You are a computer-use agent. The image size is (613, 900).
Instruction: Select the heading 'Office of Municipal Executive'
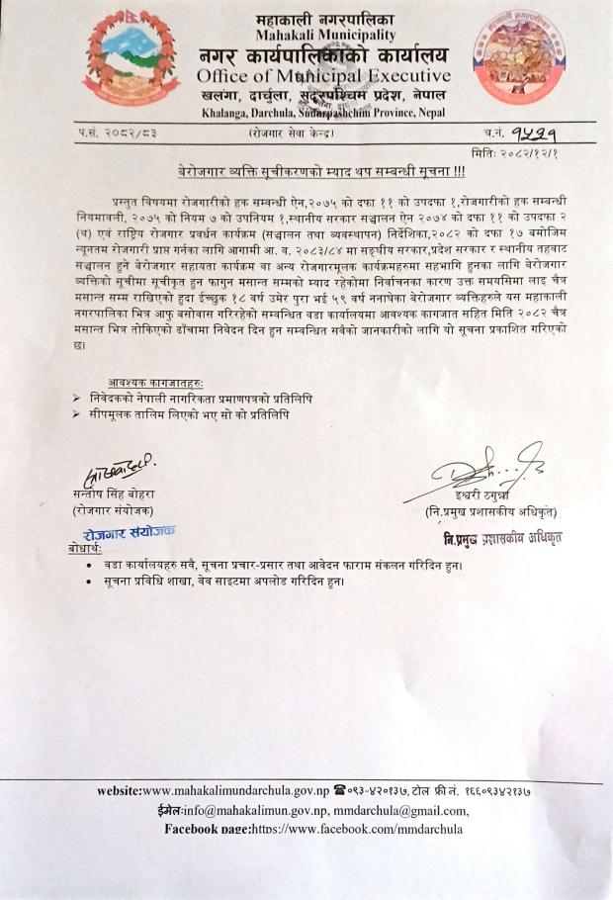point(323,76)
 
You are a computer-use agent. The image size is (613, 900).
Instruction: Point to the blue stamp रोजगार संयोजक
point(130,532)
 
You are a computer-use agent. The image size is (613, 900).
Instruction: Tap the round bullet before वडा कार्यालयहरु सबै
point(91,564)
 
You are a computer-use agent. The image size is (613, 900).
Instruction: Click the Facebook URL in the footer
point(363,829)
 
